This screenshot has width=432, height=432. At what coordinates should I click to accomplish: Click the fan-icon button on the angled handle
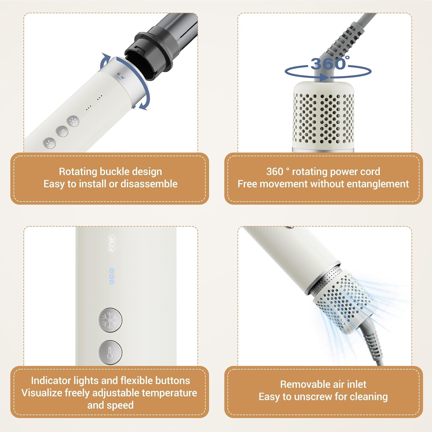[x=49, y=143]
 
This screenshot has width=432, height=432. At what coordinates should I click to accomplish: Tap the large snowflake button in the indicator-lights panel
[x=110, y=319]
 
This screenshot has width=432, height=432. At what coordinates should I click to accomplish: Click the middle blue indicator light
[x=112, y=276]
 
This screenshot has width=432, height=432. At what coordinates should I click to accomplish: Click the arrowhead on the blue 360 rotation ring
[x=324, y=77]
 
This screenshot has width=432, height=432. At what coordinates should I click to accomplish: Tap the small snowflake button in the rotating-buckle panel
[x=73, y=121]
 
